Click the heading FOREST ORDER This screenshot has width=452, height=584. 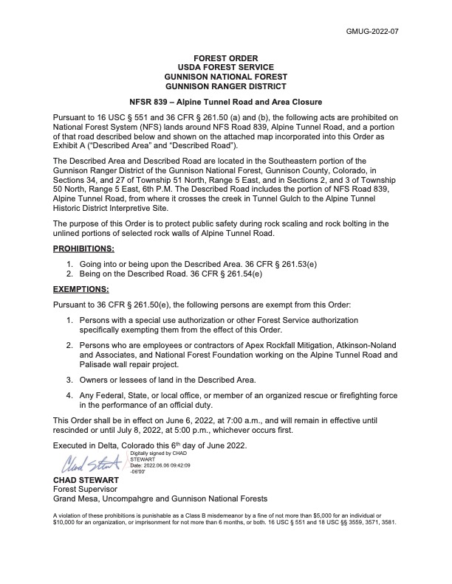pyautogui.click(x=226, y=58)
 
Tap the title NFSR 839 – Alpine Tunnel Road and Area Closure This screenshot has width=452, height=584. pyautogui.click(x=226, y=102)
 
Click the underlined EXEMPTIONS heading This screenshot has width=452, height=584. pyautogui.click(x=81, y=290)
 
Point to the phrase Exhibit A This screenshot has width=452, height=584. pyautogui.click(x=74, y=147)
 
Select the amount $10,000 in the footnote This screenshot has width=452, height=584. pyautogui.click(x=67, y=521)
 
